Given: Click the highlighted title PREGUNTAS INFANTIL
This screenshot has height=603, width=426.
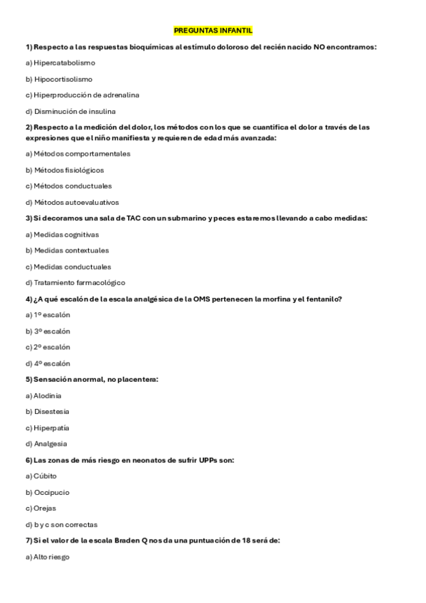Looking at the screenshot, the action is pos(213,31).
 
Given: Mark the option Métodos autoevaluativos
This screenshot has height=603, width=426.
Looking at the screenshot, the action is pos(73,202).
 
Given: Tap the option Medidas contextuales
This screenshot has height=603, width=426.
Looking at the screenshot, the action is pos(67,250).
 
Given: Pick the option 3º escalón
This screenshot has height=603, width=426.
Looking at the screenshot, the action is pos(48,331).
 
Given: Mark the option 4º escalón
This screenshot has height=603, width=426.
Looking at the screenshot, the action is pos(48,363).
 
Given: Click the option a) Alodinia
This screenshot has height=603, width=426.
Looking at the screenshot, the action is pos(43,395).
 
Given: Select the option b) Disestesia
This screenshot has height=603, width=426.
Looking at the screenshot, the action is pos(47,412).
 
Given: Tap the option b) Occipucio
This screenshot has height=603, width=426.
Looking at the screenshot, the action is pos(46,492).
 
